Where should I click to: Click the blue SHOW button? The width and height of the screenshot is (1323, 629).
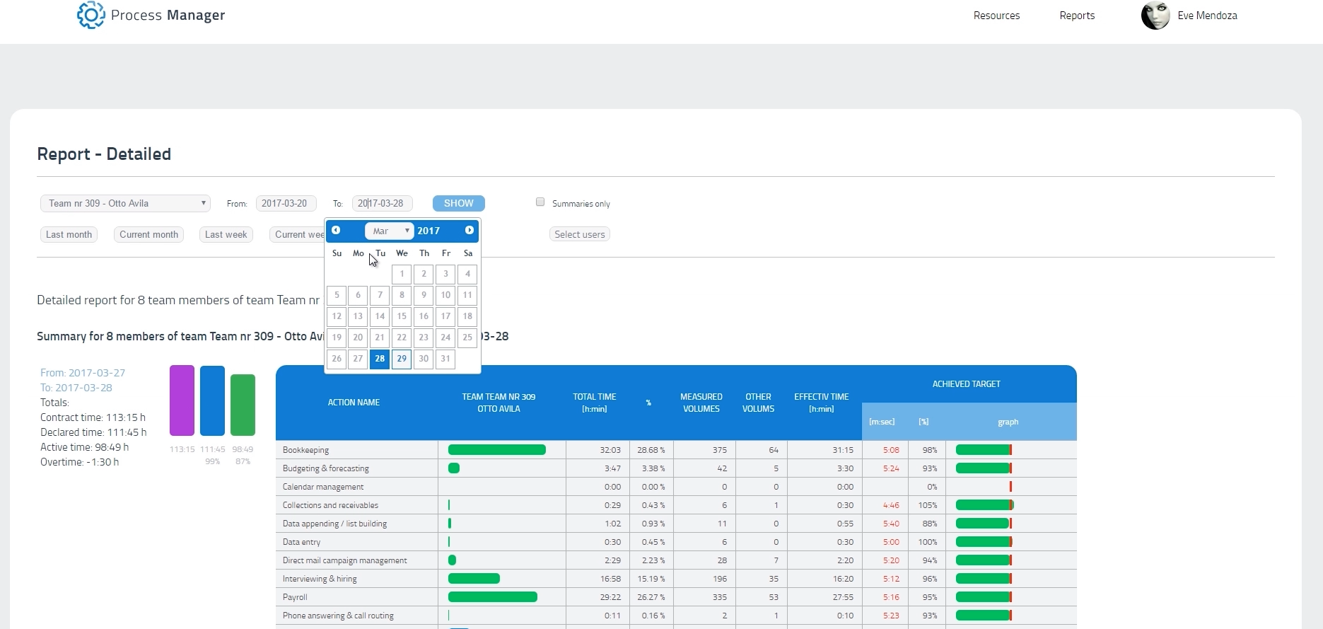tap(458, 203)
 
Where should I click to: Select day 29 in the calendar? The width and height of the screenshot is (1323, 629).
tap(402, 359)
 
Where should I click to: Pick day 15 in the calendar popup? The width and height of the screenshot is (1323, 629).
tap(402, 316)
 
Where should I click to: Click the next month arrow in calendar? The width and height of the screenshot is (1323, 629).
tap(469, 231)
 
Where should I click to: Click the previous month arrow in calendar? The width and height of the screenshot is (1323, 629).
tap(336, 231)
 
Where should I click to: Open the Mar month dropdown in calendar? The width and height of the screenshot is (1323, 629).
tap(388, 231)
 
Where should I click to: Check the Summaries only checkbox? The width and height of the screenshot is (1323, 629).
tap(540, 202)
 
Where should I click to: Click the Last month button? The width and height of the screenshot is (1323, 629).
tap(69, 235)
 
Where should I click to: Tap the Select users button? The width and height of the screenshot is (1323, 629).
tap(579, 235)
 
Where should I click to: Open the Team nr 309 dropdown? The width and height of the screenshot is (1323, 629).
tap(125, 204)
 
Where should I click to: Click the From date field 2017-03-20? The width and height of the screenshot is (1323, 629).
tap(286, 204)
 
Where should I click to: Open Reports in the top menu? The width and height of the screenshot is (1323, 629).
tap(1076, 16)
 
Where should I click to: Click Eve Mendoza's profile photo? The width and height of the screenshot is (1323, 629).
tap(1155, 16)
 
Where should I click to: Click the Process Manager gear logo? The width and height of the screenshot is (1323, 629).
tap(91, 15)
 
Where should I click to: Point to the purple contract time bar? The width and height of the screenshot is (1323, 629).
tap(182, 400)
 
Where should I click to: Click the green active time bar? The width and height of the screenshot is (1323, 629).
tap(243, 405)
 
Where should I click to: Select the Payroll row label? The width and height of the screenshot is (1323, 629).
tap(295, 597)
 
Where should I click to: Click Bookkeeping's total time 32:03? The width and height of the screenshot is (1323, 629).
tap(610, 450)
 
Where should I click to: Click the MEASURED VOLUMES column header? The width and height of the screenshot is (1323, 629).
tap(701, 403)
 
